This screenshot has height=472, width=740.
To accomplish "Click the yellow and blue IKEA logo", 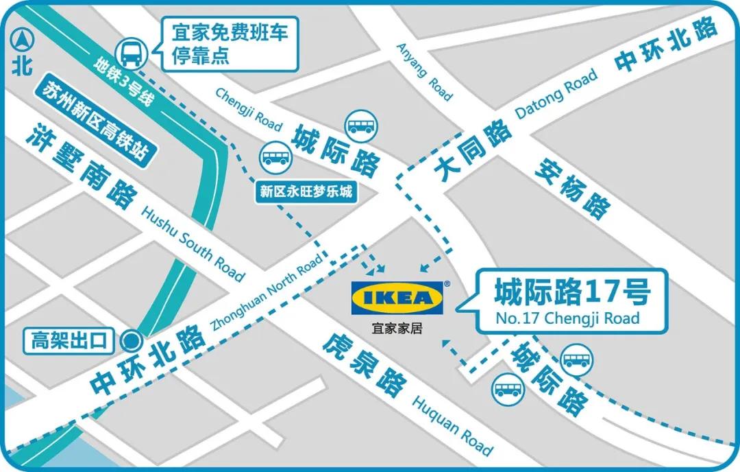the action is (x=397, y=298).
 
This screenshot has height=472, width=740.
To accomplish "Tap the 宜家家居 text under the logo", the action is (x=397, y=328).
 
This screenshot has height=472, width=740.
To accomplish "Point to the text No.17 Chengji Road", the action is (x=567, y=318).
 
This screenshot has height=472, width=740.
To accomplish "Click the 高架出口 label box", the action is (x=70, y=340).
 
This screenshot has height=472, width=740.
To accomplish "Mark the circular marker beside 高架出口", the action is (x=130, y=340).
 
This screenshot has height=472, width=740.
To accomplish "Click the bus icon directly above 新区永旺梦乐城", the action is (x=275, y=157).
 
